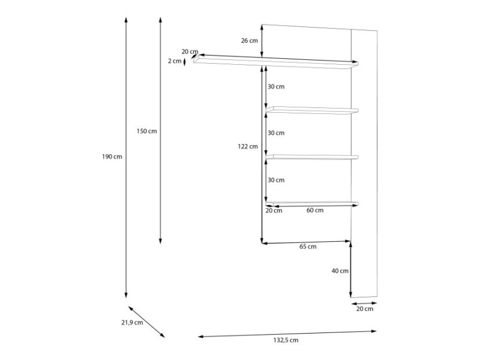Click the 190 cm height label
[x=112, y=157]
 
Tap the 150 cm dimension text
[x=146, y=131]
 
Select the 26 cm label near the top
[x=250, y=40]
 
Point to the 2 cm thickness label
[x=175, y=61]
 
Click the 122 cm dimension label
[x=248, y=146]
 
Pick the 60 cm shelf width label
[x=315, y=211]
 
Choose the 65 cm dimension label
[x=308, y=247]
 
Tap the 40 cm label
[x=340, y=271]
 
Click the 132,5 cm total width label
[x=286, y=340]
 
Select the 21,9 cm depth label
[x=132, y=322]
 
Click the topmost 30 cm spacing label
[x=276, y=86]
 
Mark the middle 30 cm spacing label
[x=276, y=133]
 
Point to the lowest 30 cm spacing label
[x=276, y=180]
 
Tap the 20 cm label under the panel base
[x=365, y=309]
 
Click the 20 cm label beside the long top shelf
[x=190, y=52]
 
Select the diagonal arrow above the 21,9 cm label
[x=146, y=322]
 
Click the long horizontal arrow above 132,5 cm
[x=287, y=334]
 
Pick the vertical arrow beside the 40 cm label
[x=350, y=269]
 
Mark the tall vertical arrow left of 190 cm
[x=126, y=157]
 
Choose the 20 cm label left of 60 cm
[x=274, y=211]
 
